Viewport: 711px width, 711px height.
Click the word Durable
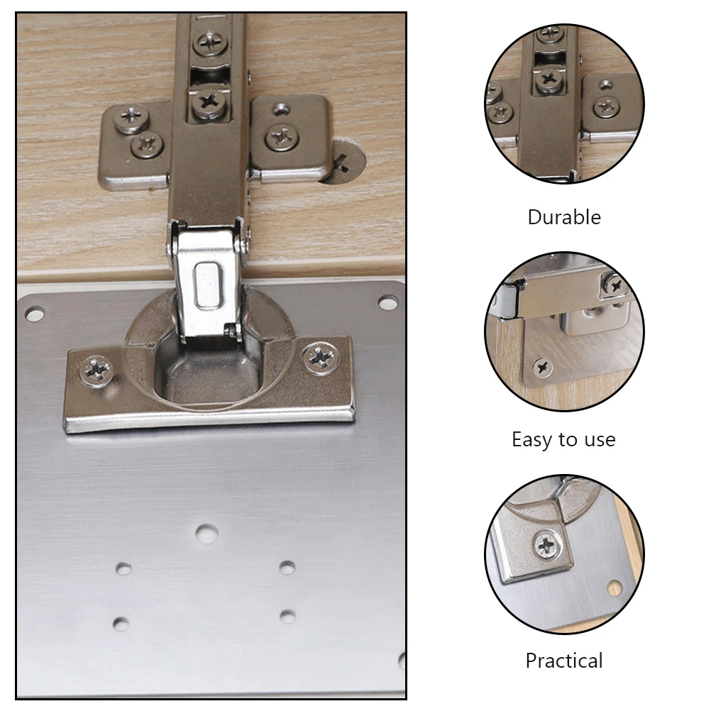[x=564, y=217]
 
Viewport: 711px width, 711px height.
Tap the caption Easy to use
[x=563, y=439]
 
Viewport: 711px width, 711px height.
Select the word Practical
[x=564, y=661]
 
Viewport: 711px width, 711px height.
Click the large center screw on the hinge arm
[x=210, y=101]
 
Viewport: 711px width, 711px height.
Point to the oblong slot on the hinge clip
[x=206, y=284]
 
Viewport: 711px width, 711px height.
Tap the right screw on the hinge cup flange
[x=319, y=355]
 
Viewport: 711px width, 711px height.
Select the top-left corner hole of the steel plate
[x=34, y=313]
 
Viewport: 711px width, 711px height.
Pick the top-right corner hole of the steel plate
[x=387, y=303]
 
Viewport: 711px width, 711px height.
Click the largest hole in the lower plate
[x=206, y=534]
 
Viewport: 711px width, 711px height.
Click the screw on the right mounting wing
[x=282, y=136]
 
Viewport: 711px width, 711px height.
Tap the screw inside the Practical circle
[x=546, y=546]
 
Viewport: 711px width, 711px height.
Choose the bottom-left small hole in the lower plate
[x=121, y=624]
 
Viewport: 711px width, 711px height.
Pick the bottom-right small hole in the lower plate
[x=287, y=616]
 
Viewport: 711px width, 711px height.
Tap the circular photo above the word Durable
[x=564, y=103]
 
